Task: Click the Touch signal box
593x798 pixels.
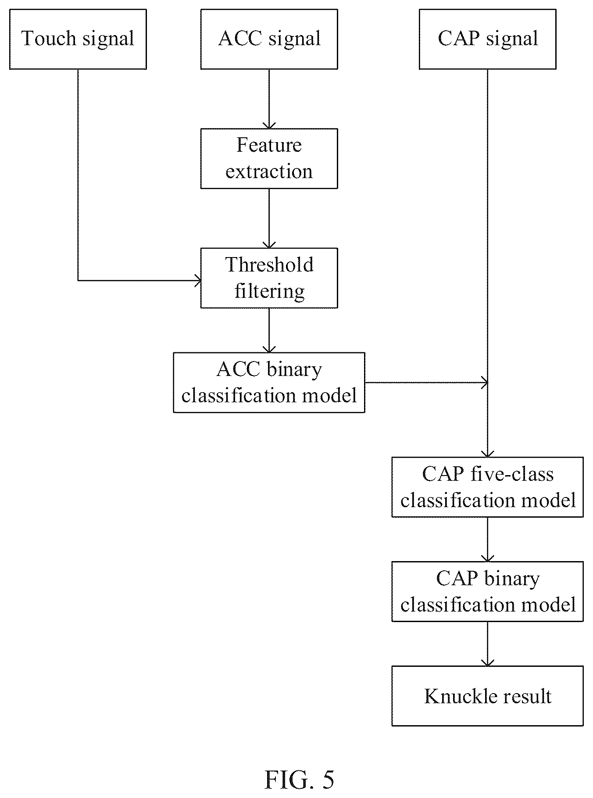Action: pyautogui.click(x=78, y=39)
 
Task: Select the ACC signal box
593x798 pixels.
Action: pyautogui.click(x=269, y=39)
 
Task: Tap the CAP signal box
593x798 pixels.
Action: pyautogui.click(x=487, y=39)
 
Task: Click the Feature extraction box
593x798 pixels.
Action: pyautogui.click(x=269, y=158)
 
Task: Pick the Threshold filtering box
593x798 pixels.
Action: pyautogui.click(x=269, y=278)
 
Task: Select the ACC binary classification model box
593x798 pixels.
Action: pyautogui.click(x=269, y=382)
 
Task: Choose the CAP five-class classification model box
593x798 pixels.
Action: pyautogui.click(x=487, y=487)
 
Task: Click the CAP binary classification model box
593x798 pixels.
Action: pyautogui.click(x=487, y=591)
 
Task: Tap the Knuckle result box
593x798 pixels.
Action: pyautogui.click(x=487, y=696)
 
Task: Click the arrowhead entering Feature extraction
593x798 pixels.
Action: pyautogui.click(x=269, y=125)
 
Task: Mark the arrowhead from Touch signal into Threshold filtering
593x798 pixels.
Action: pyautogui.click(x=197, y=280)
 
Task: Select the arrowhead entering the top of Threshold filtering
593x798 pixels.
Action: pyautogui.click(x=269, y=244)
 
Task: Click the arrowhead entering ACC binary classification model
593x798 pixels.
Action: pyautogui.click(x=269, y=349)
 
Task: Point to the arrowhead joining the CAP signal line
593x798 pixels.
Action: pyautogui.click(x=484, y=383)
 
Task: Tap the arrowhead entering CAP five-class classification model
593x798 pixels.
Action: pyautogui.click(x=487, y=454)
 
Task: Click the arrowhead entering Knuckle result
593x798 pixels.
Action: pyautogui.click(x=487, y=662)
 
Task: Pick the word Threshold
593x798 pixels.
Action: pyautogui.click(x=269, y=265)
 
